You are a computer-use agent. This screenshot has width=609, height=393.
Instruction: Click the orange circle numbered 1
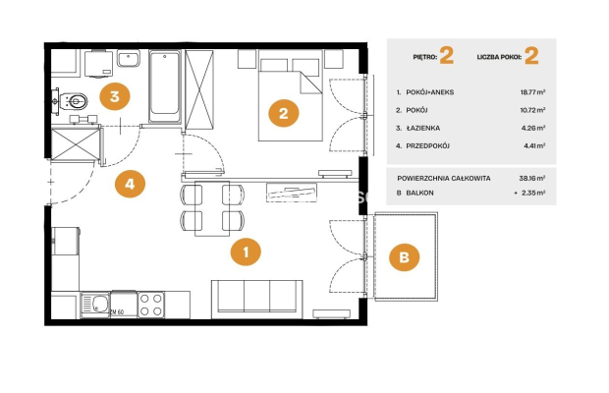coord(246,253)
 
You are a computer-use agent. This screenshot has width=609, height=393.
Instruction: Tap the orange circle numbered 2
coord(284,113)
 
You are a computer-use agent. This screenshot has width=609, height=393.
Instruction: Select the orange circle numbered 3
coord(115,96)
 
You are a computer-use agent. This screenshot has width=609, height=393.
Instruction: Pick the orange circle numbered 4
coord(130,184)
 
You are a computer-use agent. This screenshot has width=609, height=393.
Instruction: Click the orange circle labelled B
coord(405,257)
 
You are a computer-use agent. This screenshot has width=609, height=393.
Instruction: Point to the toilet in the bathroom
coord(71,102)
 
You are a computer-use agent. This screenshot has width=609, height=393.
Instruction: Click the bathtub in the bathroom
coord(165,86)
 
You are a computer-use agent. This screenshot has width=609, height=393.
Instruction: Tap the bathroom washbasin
coord(129,59)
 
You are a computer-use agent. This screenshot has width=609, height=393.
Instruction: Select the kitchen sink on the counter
coord(95,305)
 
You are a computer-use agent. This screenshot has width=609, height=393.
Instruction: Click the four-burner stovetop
coord(151,305)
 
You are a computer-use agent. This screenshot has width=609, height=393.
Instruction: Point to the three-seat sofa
coord(257,299)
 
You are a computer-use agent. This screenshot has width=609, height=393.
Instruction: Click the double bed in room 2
coord(291,95)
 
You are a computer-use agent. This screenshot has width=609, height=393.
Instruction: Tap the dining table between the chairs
coord(212,208)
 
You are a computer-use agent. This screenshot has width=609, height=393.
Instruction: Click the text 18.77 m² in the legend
coord(532,92)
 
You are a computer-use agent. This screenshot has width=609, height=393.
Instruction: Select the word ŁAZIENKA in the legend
coord(423,128)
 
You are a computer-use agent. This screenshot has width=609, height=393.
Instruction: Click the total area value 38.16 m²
coord(532,178)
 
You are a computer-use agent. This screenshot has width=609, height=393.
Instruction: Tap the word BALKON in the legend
coord(419,193)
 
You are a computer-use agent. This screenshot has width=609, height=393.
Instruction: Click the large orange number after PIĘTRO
coord(447,56)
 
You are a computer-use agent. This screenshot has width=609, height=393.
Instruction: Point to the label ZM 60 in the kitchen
coord(117,311)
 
